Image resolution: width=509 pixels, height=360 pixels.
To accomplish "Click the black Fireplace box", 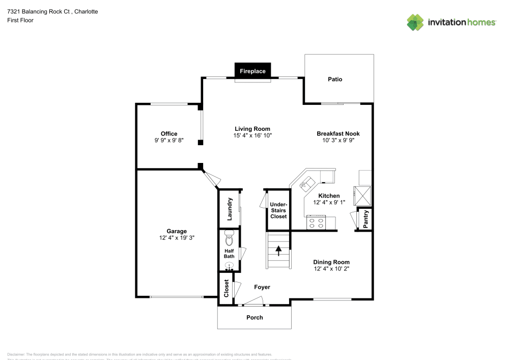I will (x=253, y=71).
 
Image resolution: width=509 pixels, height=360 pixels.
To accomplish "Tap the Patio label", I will (x=335, y=79).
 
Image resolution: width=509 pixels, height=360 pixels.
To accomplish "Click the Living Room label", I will (x=252, y=129).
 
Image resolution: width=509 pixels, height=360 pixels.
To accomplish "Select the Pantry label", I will (x=365, y=219).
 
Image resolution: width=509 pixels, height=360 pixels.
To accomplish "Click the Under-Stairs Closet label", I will (x=278, y=210).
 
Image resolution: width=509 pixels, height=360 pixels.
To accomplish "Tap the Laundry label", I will (x=230, y=209).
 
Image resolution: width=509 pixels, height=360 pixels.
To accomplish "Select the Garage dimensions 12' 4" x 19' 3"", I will (x=177, y=237).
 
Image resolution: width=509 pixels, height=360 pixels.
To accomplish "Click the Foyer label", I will (x=262, y=287).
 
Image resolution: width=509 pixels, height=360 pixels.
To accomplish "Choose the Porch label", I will (x=254, y=317).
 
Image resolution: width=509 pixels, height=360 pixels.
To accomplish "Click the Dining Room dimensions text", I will (x=331, y=268).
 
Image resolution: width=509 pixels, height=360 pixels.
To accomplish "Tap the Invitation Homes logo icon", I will (x=415, y=22).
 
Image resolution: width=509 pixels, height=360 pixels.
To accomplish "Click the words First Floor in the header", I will (x=20, y=20).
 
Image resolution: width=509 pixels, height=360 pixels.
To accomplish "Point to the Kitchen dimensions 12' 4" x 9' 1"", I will (x=329, y=202).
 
